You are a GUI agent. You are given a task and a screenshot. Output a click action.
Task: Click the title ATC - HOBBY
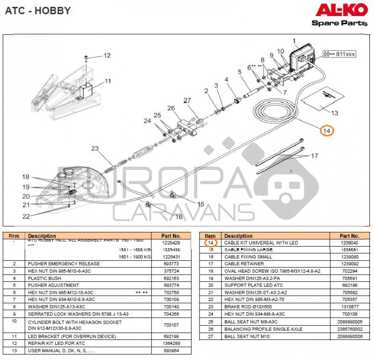point(38,10)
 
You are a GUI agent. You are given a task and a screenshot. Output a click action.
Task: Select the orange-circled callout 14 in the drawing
point(326,131)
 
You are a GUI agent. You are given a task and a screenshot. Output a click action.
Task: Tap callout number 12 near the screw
point(107,56)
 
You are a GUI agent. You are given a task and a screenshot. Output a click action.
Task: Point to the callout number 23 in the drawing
point(95,149)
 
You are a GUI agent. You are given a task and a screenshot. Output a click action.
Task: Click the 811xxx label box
point(339,54)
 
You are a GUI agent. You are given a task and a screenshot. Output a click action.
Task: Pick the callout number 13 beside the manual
point(334,113)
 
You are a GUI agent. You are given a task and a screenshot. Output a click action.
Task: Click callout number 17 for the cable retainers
point(314,156)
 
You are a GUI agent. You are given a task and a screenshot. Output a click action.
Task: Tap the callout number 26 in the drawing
point(171,108)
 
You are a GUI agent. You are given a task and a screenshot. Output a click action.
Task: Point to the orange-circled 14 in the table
point(210,243)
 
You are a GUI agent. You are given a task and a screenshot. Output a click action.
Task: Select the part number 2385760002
point(350,329)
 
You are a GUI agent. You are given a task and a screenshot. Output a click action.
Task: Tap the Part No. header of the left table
point(171,236)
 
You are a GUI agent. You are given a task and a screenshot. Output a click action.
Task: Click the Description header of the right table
point(238,236)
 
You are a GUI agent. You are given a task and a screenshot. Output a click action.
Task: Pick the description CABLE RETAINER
point(244,264)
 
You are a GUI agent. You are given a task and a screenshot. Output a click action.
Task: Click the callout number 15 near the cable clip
point(201,204)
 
